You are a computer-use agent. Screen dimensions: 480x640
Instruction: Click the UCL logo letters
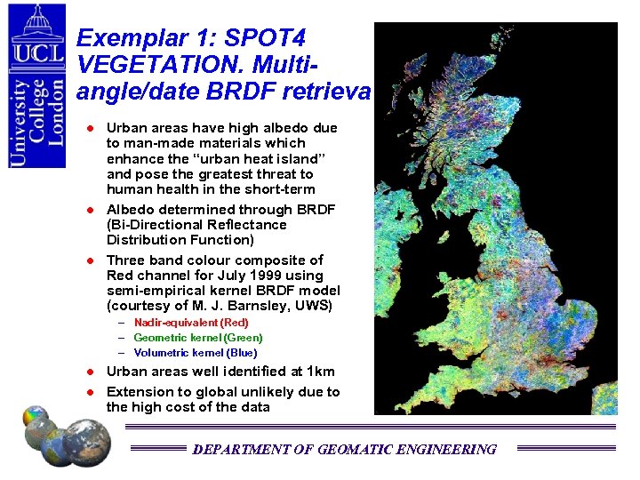[x=37, y=53]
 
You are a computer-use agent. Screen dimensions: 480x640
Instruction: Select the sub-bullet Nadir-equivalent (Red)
[x=191, y=323]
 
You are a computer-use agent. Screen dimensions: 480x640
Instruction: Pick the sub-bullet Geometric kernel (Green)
[x=198, y=338]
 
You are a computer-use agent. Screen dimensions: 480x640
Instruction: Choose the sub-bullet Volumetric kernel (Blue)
[x=196, y=352]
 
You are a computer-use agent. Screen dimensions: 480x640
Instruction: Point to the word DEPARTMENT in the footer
[x=240, y=450]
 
